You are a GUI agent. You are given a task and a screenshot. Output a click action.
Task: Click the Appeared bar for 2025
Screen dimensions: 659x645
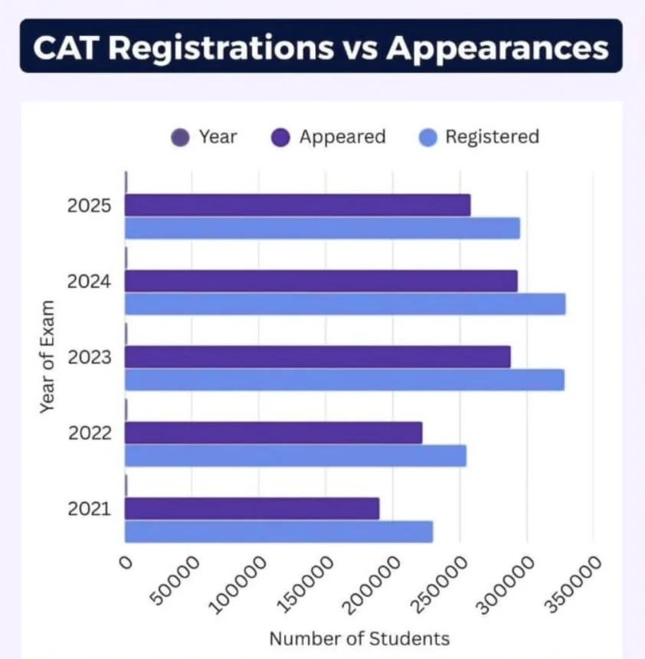tap(297, 205)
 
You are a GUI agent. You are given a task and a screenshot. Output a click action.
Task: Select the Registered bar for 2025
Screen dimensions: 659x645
tap(322, 228)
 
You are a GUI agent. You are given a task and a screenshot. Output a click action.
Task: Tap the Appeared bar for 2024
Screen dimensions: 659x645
tap(321, 281)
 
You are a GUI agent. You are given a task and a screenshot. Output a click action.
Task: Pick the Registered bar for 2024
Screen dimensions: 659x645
tap(345, 304)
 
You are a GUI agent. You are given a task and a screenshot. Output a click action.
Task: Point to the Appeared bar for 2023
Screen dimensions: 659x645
tap(317, 357)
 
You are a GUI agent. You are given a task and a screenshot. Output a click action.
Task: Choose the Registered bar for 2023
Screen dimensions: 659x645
tap(344, 380)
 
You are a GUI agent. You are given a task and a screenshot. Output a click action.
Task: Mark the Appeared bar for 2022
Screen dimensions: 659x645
tap(273, 433)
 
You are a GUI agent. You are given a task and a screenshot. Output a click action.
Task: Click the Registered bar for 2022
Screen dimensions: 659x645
tap(295, 456)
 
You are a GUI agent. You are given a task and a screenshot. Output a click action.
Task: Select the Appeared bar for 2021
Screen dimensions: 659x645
tap(252, 509)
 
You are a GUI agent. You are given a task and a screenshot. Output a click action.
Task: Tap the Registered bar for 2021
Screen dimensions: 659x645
tap(279, 532)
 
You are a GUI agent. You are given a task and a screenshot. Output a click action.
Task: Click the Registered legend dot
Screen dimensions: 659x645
tap(429, 138)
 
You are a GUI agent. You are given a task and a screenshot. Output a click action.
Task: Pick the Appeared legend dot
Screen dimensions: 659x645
tap(282, 138)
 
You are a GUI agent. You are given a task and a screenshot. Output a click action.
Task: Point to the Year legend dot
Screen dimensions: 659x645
tap(181, 138)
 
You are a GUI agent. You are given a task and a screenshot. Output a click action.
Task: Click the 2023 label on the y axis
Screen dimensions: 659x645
tap(90, 358)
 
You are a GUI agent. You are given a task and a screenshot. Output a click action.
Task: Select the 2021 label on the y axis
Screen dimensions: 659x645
tap(90, 510)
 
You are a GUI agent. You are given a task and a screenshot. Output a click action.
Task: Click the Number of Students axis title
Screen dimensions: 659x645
tap(359, 638)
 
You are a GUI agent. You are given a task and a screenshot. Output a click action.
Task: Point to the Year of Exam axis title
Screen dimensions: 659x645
tap(47, 358)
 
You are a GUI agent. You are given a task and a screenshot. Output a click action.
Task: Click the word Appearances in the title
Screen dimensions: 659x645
tap(497, 47)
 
